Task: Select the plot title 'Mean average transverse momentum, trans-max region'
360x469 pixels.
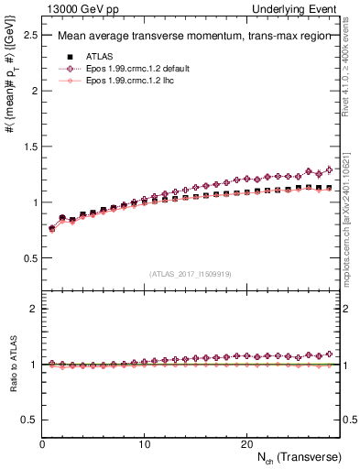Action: point(188,37)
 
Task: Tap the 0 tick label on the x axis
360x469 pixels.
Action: point(42,443)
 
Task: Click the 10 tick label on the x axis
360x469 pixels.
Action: point(144,443)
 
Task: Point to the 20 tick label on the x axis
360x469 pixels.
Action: point(245,443)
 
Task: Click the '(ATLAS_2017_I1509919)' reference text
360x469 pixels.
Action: point(191,273)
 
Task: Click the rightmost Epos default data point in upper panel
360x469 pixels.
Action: point(329,170)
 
